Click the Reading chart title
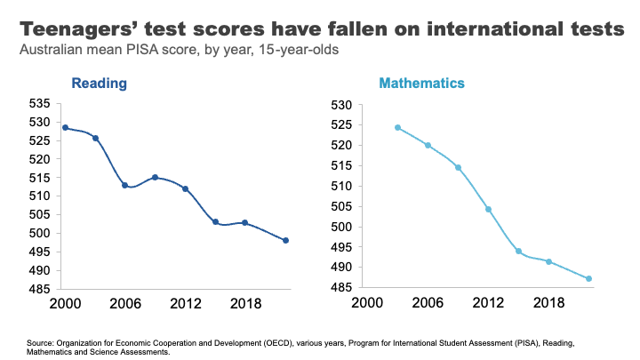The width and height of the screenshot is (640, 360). pos(99,84)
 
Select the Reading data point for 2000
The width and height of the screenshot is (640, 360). pos(65,128)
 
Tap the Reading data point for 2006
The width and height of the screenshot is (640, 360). pos(125,185)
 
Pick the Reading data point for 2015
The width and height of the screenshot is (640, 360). pos(215,222)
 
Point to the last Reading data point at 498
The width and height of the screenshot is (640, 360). pos(286,241)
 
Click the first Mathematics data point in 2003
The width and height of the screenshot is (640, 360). pos(397,127)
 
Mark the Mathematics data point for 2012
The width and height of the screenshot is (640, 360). pos(488,210)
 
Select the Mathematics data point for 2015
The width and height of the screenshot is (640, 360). pos(518,251)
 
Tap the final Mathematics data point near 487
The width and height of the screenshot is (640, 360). pos(588,279)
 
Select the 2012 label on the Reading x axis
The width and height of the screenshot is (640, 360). pos(185,302)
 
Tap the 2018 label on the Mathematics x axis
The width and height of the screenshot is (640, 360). pos(548,302)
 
